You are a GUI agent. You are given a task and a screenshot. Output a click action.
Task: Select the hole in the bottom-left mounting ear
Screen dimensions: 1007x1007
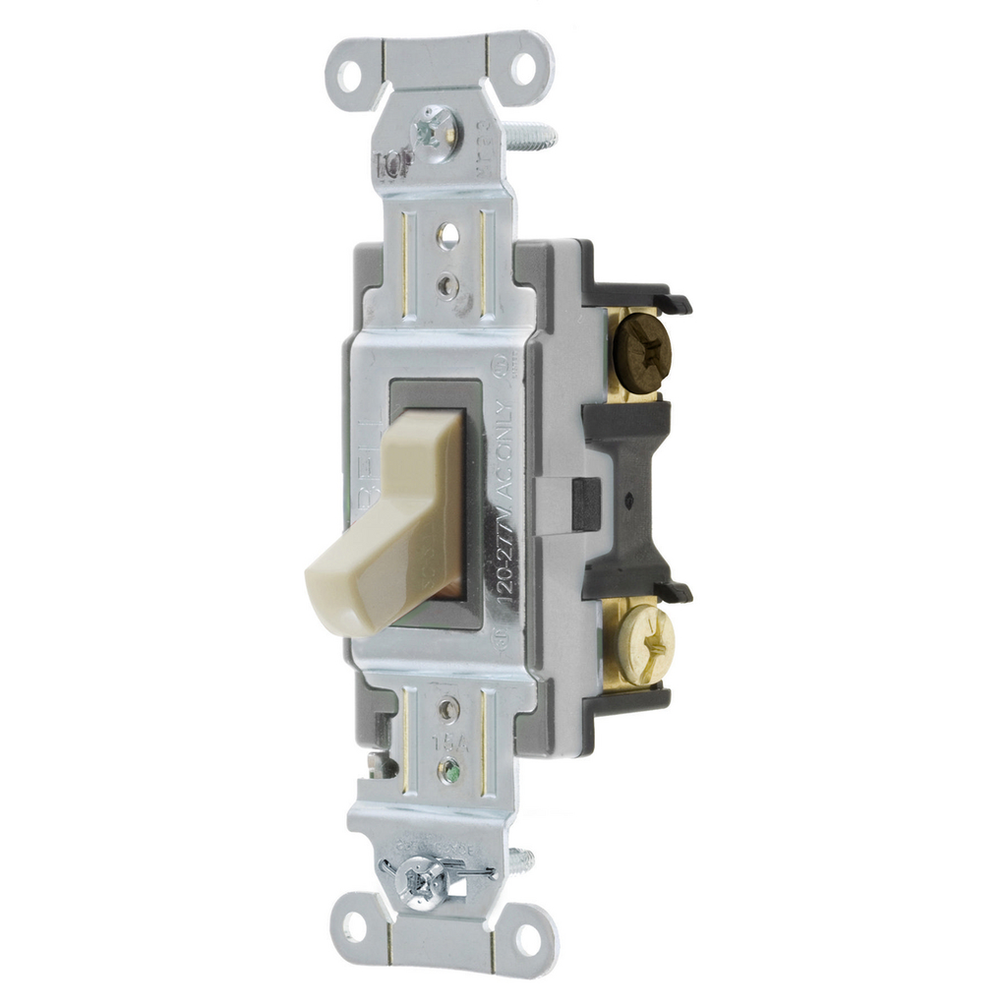point(354,925)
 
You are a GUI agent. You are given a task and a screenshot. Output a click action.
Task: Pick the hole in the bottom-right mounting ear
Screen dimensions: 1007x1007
point(528,940)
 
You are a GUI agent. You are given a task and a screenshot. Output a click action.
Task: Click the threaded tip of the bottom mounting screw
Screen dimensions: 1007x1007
point(523,861)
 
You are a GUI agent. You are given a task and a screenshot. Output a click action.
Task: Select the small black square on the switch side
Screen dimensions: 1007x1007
point(586,503)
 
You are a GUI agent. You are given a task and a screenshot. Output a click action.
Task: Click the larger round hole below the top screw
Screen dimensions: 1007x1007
point(447,235)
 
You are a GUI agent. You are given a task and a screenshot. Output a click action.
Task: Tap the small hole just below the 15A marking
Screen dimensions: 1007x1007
point(450,768)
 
